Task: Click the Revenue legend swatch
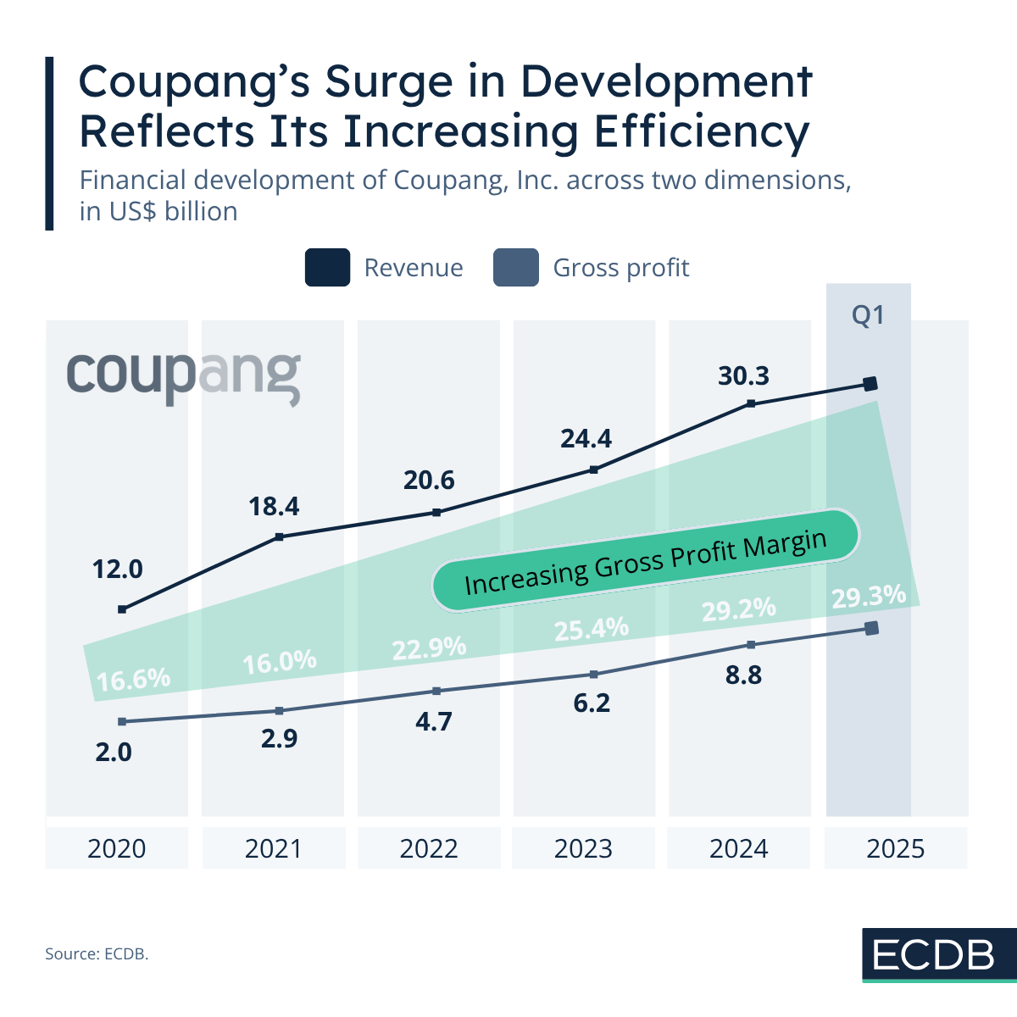(327, 268)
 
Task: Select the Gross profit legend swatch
(515, 268)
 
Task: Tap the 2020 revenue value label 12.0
(118, 570)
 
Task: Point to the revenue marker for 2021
(279, 536)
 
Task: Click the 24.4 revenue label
(586, 439)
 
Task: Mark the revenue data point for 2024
(751, 403)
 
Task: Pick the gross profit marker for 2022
(436, 691)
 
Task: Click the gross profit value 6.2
(592, 703)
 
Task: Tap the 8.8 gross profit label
(743, 675)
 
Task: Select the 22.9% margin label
(429, 648)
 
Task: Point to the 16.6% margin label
(133, 680)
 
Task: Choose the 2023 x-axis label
(583, 848)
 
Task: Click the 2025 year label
(895, 848)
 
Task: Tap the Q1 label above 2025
(868, 315)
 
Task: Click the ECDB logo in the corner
(934, 955)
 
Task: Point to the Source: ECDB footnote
(97, 954)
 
